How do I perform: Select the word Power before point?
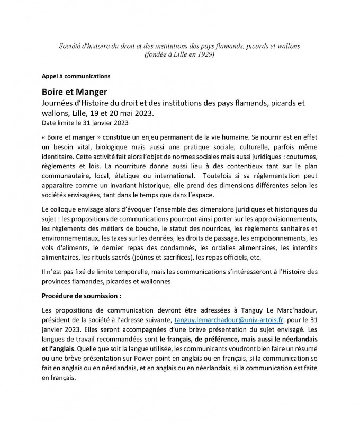139,359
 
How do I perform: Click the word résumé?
308,350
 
